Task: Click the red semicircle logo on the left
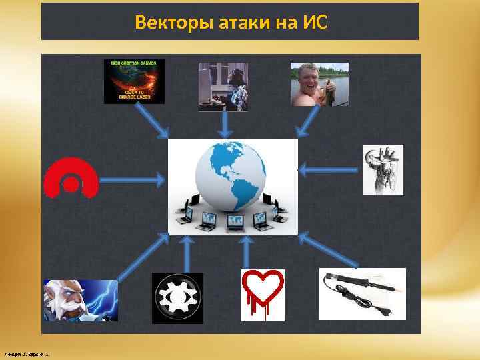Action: point(71,178)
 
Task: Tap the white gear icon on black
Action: point(177,298)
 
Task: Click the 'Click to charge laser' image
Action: point(134,81)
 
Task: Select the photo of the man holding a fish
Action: point(319,84)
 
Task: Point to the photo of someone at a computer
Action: point(223,87)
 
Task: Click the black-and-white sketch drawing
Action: point(383,169)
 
